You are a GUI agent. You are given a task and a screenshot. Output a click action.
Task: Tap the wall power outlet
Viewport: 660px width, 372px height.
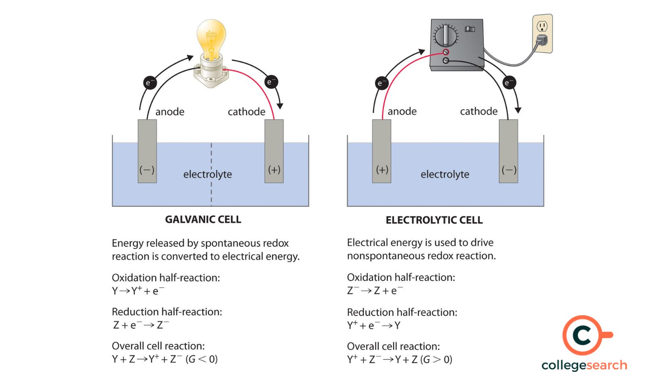point(542,34)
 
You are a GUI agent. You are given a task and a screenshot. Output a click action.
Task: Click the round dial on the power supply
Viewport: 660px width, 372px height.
point(445,35)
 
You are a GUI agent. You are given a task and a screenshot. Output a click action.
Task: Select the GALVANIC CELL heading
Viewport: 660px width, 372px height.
point(203,219)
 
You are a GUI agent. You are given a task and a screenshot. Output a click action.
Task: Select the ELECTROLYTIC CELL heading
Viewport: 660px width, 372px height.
point(434,220)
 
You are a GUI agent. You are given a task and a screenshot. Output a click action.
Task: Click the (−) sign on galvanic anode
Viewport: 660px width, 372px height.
point(147,170)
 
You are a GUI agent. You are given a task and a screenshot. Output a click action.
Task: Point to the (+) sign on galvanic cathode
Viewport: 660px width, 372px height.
point(274,169)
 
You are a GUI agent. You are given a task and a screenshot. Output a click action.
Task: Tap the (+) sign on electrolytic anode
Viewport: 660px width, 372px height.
point(382,169)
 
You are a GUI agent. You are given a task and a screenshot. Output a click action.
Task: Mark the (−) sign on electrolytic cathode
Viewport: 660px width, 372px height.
point(509,170)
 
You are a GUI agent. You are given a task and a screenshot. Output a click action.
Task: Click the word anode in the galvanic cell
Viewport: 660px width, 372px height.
point(169,112)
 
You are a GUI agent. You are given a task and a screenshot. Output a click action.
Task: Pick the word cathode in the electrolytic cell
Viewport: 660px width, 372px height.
point(479,111)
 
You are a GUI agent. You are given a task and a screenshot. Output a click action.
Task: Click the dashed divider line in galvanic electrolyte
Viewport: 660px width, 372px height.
point(211,193)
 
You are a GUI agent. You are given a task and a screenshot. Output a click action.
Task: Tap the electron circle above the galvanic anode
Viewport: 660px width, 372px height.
point(149,83)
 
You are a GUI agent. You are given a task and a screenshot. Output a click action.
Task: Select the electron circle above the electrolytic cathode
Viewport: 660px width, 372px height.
point(509,83)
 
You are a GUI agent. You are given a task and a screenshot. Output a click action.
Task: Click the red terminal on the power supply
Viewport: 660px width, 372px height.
point(445,52)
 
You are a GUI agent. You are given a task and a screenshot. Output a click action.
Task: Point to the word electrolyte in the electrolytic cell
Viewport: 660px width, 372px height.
point(445,174)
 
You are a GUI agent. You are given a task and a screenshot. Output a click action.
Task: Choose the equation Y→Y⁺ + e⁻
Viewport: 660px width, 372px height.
point(138,291)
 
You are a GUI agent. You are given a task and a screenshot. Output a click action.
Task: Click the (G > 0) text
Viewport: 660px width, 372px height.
point(436,360)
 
